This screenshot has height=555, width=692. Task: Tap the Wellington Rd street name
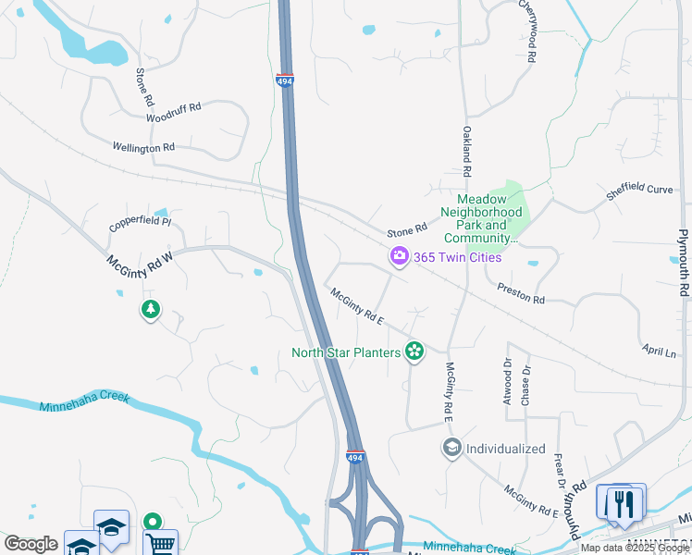point(143,147)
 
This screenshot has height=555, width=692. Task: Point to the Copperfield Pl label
point(140,222)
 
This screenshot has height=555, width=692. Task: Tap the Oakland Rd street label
point(468,152)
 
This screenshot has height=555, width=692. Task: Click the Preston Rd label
point(521,293)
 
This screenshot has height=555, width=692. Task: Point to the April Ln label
point(658,350)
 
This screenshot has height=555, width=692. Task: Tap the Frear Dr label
point(561,471)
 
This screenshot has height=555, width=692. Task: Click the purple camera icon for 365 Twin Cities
point(400,256)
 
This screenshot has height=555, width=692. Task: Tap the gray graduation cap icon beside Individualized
point(451,449)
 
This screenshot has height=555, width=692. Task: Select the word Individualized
point(505,449)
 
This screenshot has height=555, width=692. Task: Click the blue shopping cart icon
point(159,543)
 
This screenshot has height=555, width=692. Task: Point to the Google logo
point(31,544)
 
